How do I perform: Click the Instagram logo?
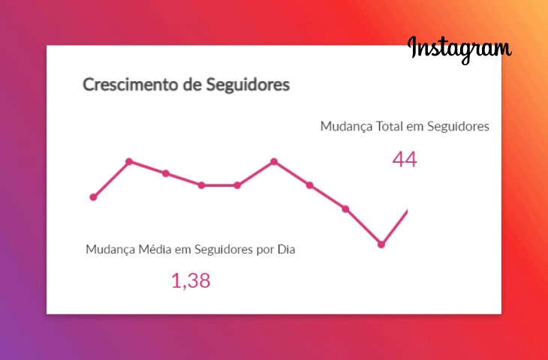click(x=459, y=48)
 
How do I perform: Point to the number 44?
click(x=404, y=159)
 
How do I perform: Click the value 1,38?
click(x=191, y=281)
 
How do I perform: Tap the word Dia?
click(x=286, y=249)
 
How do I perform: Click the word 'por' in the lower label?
click(x=265, y=249)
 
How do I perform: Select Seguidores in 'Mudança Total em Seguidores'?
click(x=458, y=127)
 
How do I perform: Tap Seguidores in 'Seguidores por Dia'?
click(x=224, y=249)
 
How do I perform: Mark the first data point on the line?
click(x=93, y=197)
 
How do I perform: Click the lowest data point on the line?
click(x=381, y=244)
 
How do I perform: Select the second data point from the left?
click(x=129, y=161)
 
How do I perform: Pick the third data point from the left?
click(x=165, y=173)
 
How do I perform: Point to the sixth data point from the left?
click(x=274, y=161)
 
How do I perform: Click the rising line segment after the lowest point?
click(x=396, y=226)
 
